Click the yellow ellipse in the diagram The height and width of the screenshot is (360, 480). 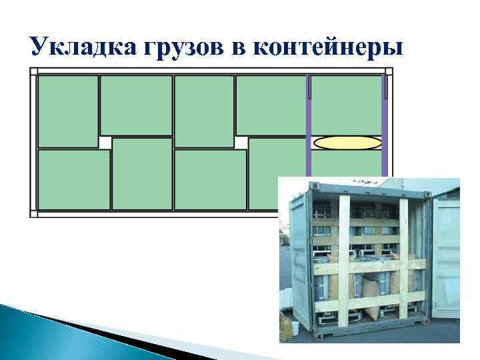click(347, 142)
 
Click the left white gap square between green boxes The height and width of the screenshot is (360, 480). click(105, 143)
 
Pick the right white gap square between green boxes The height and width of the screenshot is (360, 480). click(241, 143)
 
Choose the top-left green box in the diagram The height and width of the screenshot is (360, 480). click(68, 111)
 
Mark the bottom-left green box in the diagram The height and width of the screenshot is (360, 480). click(73, 180)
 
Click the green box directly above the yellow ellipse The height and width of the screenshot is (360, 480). click(346, 104)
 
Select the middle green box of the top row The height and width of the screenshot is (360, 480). click(203, 111)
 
